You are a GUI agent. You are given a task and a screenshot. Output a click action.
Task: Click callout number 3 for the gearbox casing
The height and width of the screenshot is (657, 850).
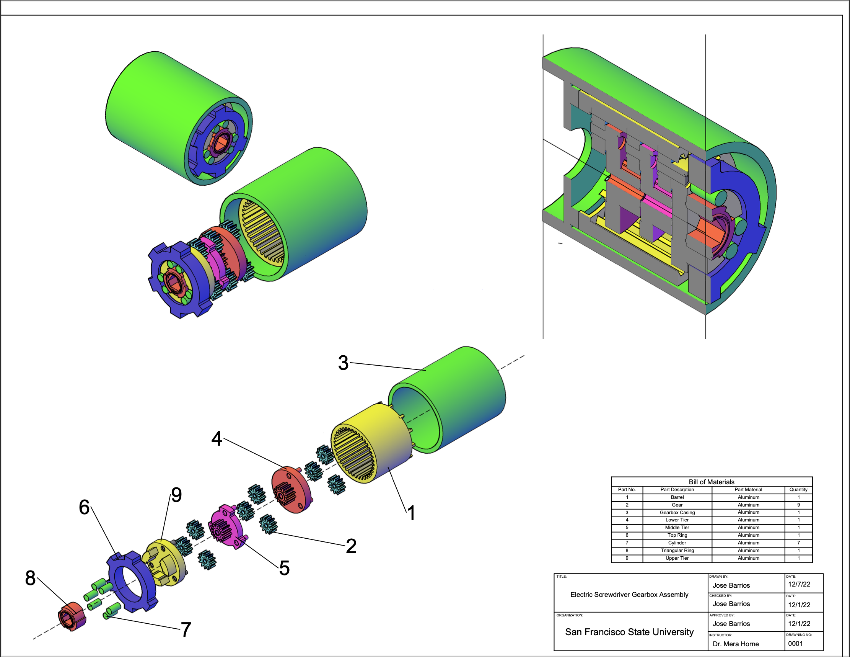click(343, 363)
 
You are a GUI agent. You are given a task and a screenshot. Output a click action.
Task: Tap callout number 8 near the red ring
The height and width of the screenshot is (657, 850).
click(30, 578)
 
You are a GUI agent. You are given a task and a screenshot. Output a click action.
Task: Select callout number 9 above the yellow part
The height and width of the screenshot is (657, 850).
click(176, 495)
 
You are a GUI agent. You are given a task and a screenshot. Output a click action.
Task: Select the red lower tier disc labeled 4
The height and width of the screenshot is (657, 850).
click(292, 490)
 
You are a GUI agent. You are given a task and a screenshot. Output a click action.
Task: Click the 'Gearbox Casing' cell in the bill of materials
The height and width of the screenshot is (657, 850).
click(677, 513)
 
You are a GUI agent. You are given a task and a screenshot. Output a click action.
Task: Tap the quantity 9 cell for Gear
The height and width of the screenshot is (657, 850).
click(798, 505)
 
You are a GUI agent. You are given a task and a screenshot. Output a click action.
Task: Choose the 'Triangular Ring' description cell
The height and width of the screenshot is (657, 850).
click(677, 550)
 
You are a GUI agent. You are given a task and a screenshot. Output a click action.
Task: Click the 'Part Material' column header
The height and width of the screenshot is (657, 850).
click(748, 490)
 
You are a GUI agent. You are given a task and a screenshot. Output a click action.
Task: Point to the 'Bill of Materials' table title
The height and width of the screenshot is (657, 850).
click(711, 482)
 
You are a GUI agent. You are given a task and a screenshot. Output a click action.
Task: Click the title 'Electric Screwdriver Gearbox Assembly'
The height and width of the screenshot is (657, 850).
click(629, 594)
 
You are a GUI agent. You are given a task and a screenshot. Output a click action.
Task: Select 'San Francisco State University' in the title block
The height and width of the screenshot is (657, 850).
click(629, 632)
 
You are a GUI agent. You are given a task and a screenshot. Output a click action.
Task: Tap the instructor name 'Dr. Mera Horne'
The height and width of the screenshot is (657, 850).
click(736, 644)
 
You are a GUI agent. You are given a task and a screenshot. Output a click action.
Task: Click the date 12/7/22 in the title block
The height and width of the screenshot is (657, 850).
click(799, 584)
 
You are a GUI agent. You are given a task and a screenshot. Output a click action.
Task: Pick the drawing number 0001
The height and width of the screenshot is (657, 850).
click(795, 643)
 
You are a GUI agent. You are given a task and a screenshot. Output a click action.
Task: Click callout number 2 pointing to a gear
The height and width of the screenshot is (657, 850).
click(351, 546)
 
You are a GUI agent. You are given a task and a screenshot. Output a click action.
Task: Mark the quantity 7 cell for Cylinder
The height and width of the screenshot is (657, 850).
click(798, 543)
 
